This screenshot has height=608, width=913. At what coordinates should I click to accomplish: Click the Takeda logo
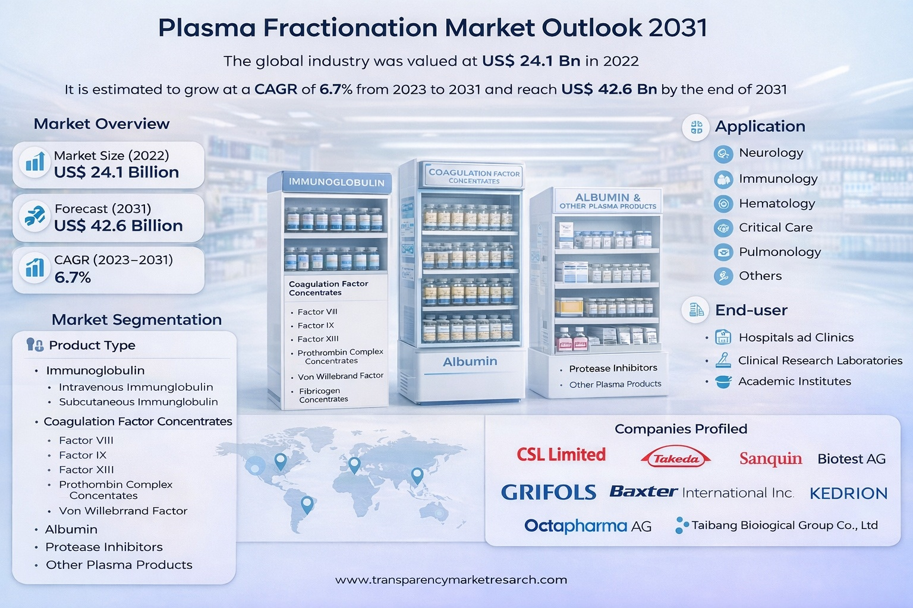click(676, 457)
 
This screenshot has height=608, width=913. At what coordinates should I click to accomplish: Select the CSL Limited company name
click(561, 454)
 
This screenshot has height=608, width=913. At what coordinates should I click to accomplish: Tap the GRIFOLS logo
click(548, 492)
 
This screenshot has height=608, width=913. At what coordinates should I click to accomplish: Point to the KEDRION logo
click(848, 493)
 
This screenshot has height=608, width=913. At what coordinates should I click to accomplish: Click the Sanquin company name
click(770, 459)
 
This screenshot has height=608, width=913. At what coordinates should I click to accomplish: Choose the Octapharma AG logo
click(588, 526)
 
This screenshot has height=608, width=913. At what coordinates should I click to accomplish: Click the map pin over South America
click(307, 505)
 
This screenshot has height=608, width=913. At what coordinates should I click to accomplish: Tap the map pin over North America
click(281, 462)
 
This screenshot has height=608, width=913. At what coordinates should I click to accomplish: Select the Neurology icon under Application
click(723, 154)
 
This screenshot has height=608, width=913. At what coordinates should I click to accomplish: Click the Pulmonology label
click(780, 252)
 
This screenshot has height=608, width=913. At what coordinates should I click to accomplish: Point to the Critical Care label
click(776, 227)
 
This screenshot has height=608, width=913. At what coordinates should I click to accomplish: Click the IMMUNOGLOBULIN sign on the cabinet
click(336, 182)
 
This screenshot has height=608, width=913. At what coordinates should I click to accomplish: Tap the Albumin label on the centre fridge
click(470, 361)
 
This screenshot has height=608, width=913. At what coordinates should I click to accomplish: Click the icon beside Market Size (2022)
click(35, 162)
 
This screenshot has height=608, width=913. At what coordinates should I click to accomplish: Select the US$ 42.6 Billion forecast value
click(118, 226)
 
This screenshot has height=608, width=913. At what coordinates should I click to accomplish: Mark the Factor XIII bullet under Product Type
click(86, 470)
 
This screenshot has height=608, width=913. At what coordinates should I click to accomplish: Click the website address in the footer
click(451, 580)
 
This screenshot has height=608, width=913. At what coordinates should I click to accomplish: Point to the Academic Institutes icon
click(723, 382)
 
